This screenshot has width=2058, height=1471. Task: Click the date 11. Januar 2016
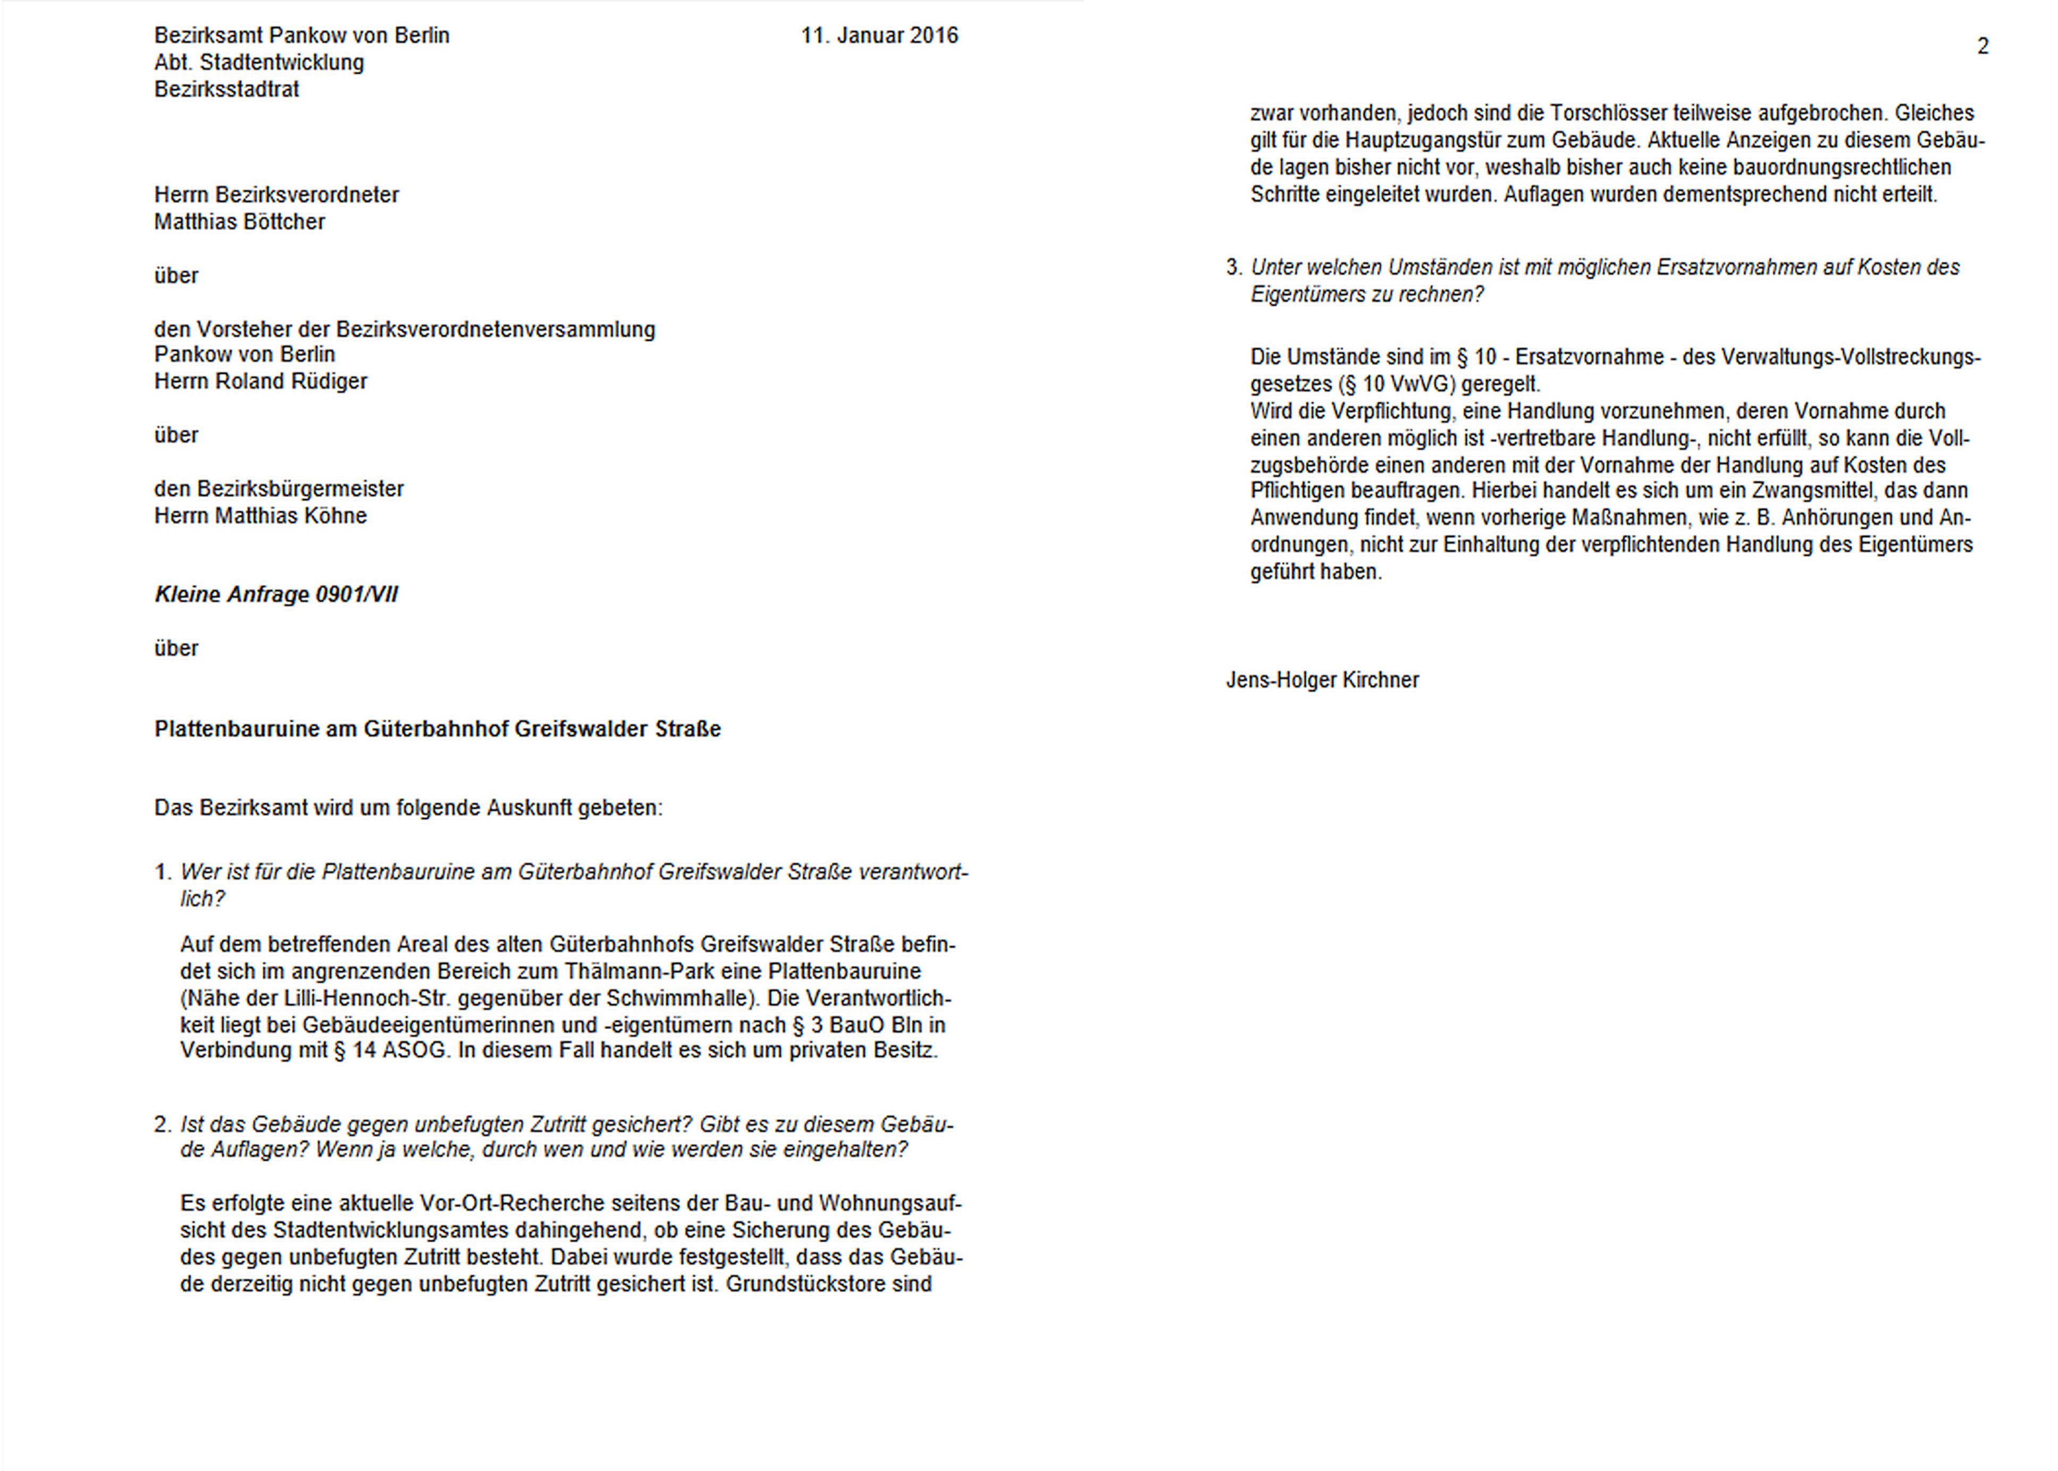coord(879,36)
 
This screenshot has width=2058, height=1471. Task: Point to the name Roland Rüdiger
coord(291,381)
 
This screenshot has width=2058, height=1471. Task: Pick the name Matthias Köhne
coord(291,516)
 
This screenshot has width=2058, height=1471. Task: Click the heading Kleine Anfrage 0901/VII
coord(276,595)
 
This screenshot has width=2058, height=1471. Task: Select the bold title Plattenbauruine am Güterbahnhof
coord(438,729)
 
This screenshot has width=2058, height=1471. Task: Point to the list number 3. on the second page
coord(1234,268)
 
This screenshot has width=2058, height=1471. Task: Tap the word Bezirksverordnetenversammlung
coord(495,330)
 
